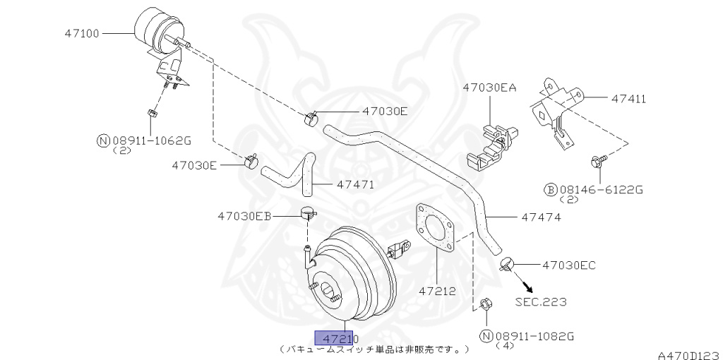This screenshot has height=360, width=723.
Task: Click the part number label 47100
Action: click(x=83, y=32)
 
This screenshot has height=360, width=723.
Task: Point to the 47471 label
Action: click(x=355, y=185)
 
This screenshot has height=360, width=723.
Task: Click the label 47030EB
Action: click(x=244, y=215)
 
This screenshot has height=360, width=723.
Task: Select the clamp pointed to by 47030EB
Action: click(x=307, y=212)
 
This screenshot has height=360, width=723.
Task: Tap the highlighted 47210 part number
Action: click(x=337, y=339)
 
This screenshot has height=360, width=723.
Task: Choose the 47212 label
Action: click(x=437, y=290)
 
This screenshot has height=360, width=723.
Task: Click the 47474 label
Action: click(x=541, y=217)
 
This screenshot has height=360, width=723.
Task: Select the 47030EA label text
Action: click(x=489, y=88)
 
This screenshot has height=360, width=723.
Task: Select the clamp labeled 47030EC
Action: click(x=506, y=265)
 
